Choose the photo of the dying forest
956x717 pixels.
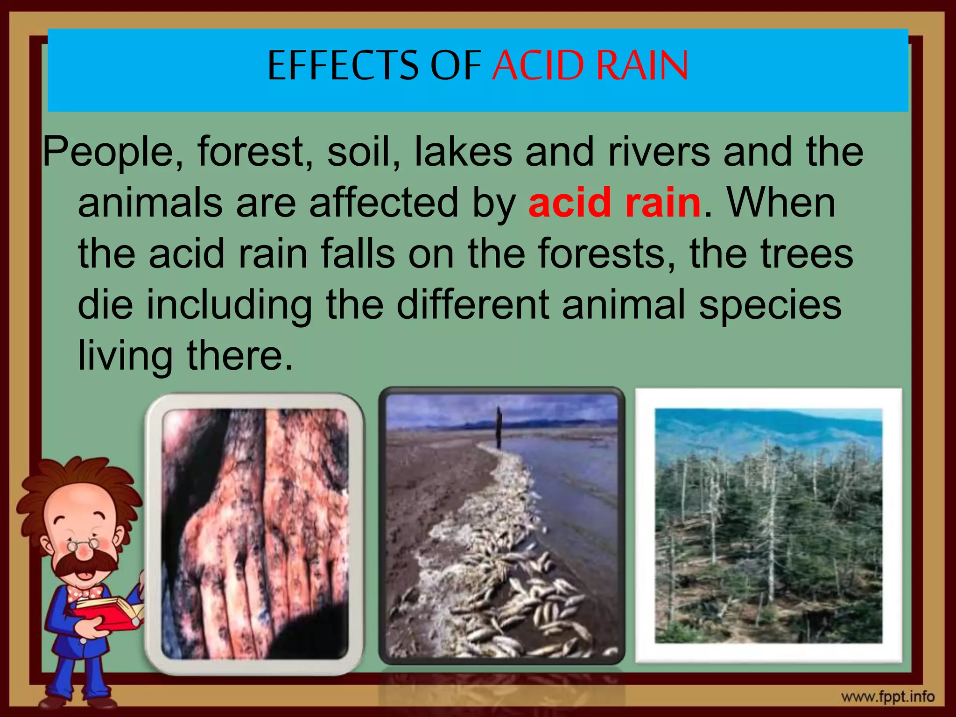tap(768, 525)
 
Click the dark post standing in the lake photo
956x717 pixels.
tap(499, 427)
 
